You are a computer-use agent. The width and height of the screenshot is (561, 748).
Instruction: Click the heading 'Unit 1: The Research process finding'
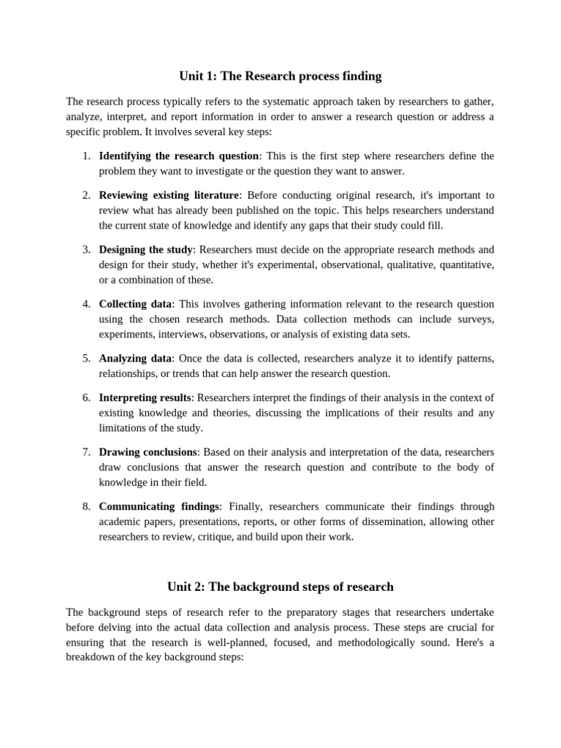point(280,76)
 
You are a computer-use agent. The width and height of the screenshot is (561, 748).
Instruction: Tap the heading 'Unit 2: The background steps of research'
point(280,587)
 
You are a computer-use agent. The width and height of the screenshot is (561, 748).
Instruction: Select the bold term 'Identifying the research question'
point(179,156)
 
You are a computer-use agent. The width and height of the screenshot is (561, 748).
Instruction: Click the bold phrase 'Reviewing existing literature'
point(169,195)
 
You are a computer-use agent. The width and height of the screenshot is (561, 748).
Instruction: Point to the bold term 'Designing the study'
point(146,250)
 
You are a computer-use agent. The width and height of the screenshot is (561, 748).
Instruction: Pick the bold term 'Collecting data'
point(135,304)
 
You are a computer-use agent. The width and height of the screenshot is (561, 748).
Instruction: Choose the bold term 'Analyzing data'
point(135,359)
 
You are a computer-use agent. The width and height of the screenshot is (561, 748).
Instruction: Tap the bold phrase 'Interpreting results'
point(145,398)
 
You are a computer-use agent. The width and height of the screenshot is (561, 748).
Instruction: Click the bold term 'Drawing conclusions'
point(148,452)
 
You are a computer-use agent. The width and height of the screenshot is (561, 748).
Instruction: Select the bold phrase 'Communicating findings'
point(159,506)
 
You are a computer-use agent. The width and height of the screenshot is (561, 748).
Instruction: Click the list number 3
point(85,250)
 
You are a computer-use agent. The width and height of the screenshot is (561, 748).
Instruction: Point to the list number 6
point(85,398)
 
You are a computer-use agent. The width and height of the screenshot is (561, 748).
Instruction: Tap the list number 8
point(85,506)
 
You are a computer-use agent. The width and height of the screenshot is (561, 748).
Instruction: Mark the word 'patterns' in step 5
point(474,359)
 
